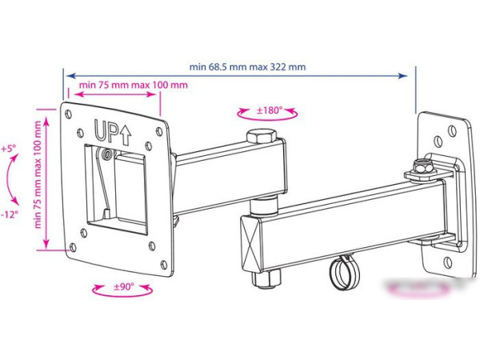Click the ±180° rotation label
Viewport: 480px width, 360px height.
269,110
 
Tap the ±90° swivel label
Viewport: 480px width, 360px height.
124,287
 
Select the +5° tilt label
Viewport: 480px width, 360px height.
8,149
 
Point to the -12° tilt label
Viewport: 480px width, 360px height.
9,214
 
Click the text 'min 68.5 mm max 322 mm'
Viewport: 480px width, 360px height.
247,66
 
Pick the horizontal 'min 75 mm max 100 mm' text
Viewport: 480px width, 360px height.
133,85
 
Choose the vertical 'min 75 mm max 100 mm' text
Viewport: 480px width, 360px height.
38,174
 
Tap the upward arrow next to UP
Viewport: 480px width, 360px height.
126,135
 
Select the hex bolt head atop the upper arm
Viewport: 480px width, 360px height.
262,136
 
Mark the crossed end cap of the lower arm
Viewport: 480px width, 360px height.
250,243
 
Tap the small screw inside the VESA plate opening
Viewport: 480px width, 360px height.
106,154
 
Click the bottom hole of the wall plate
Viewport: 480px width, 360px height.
448,262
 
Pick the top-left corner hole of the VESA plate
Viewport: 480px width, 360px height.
69,114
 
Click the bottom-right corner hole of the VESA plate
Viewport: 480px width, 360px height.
164,265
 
